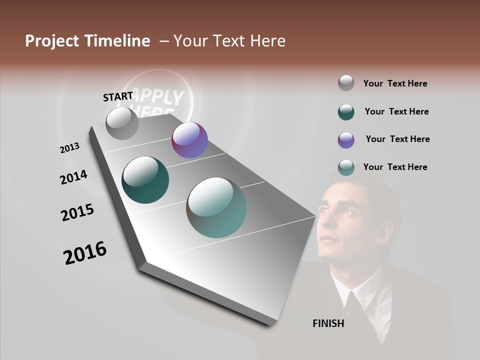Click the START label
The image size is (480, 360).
[x=118, y=96]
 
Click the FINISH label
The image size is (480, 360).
[x=328, y=323]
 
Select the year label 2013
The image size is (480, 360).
[x=70, y=148]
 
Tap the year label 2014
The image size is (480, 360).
[x=73, y=177]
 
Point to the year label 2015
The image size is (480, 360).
[x=77, y=212]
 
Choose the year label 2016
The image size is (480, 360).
[x=85, y=253]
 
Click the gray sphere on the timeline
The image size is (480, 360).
[x=122, y=123]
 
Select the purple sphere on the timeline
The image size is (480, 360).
[x=189, y=140]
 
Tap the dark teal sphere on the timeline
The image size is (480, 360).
[x=145, y=180]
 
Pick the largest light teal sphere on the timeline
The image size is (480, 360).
[x=216, y=207]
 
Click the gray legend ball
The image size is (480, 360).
[x=346, y=83]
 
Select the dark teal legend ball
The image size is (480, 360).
[x=346, y=112]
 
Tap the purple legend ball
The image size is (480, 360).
[x=346, y=140]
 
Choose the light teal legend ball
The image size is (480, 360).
[x=346, y=167]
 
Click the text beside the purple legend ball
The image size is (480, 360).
[x=397, y=139]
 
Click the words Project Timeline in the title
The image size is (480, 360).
[x=87, y=41]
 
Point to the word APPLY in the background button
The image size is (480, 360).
[x=160, y=97]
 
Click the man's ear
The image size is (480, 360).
[x=385, y=232]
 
